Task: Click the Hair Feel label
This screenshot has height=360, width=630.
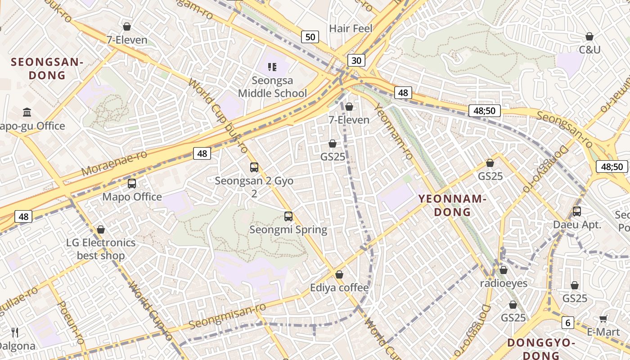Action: click(x=351, y=28)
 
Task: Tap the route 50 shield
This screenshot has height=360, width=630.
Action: click(x=310, y=37)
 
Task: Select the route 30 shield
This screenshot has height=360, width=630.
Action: click(x=356, y=60)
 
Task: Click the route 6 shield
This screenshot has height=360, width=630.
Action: click(x=568, y=322)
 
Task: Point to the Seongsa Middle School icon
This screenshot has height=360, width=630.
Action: click(x=272, y=67)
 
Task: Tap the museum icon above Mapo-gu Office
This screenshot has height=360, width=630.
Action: click(x=27, y=112)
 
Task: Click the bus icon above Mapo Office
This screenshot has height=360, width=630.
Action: click(x=132, y=184)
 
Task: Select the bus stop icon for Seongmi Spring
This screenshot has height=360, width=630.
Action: click(x=288, y=216)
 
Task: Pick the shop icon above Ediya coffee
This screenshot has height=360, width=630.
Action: click(x=339, y=274)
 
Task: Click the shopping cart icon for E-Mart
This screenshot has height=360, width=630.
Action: click(x=603, y=319)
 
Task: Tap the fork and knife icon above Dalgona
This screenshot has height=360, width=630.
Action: click(x=15, y=333)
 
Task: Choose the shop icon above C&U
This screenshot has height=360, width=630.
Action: click(x=589, y=36)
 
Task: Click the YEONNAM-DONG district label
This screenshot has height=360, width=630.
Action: click(x=452, y=205)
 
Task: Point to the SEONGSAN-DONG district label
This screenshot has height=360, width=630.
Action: click(x=47, y=68)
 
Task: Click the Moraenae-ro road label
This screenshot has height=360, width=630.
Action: click(x=114, y=163)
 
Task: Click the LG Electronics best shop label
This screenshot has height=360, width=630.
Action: click(x=100, y=249)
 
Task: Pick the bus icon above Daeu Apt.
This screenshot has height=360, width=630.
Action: click(x=577, y=211)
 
